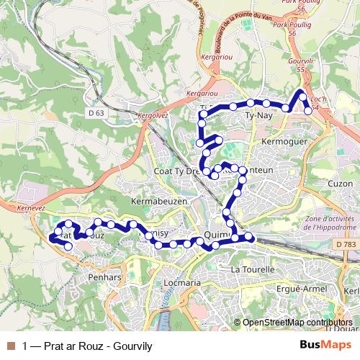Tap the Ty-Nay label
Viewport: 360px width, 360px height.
click(258, 115)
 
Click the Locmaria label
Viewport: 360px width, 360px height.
click(182, 283)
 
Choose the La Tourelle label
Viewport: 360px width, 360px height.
click(252, 269)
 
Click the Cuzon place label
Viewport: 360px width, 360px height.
click(339, 184)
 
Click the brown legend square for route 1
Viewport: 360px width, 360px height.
click(12, 346)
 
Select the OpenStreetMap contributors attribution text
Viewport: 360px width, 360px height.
click(297, 323)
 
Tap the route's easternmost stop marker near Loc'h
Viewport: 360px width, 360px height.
click(308, 110)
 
